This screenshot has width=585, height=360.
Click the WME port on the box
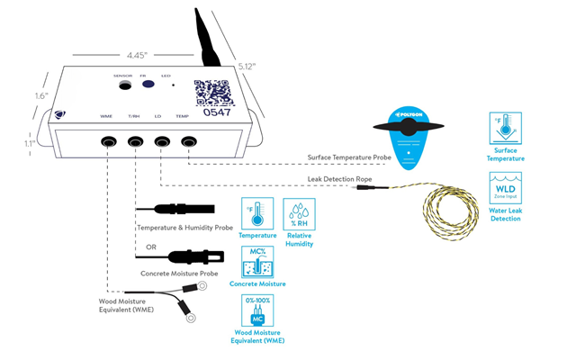[x=108, y=141]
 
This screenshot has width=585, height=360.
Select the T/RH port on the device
[x=135, y=141]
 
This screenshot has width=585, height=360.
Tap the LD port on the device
[x=162, y=141]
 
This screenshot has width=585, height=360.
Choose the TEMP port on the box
[x=189, y=141]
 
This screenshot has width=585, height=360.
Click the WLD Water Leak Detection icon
[x=506, y=190]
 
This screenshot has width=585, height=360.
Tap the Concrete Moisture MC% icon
[x=257, y=262]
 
